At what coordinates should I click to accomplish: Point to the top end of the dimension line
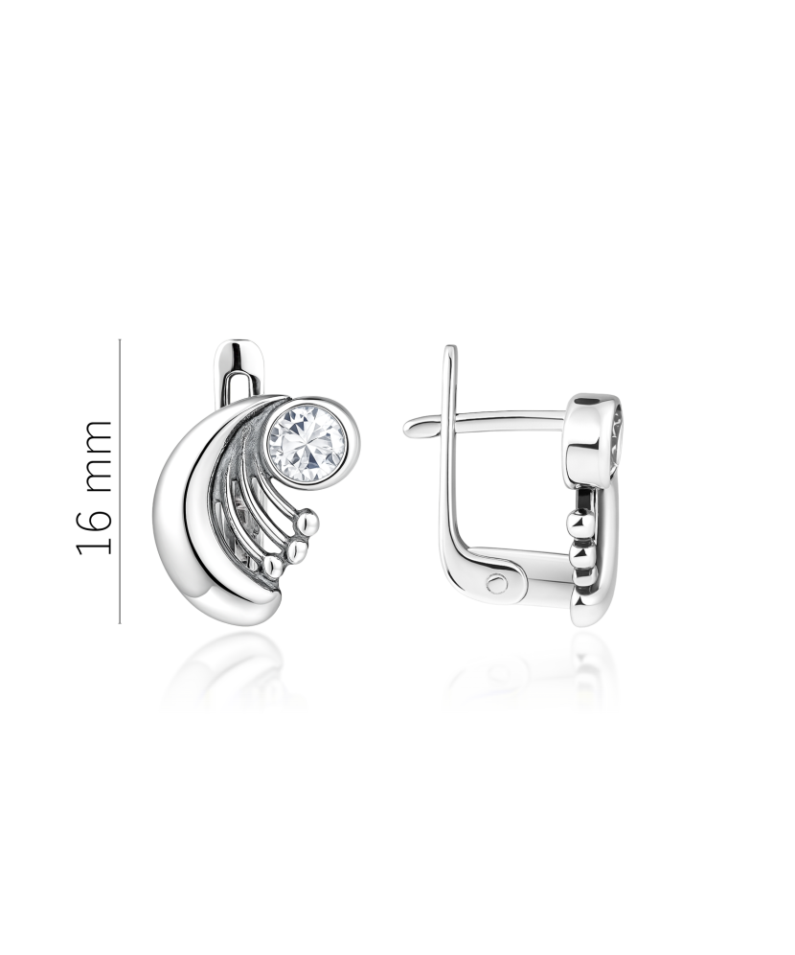click(120, 339)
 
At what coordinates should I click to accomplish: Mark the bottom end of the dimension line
click(120, 623)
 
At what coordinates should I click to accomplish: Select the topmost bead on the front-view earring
click(306, 522)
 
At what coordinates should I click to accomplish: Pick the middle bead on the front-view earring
click(295, 549)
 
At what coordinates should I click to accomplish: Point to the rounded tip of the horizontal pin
click(410, 428)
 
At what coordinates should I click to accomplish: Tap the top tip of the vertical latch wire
click(447, 350)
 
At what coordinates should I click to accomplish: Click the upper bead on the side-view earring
click(576, 524)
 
